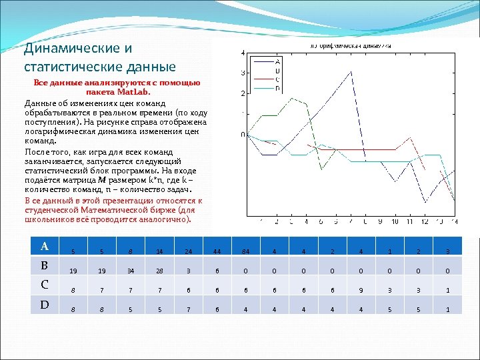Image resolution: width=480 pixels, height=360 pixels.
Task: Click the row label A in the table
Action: click(x=45, y=246)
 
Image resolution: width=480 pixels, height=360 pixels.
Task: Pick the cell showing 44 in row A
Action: click(x=217, y=251)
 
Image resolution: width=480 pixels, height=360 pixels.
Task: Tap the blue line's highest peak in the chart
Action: click(x=351, y=72)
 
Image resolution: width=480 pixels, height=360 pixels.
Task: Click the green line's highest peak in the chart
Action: click(x=291, y=98)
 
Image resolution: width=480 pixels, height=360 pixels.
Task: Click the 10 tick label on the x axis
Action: click(x=395, y=221)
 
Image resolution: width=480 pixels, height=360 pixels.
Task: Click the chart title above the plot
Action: click(x=349, y=45)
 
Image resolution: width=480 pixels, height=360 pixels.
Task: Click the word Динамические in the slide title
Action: click(x=65, y=49)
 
